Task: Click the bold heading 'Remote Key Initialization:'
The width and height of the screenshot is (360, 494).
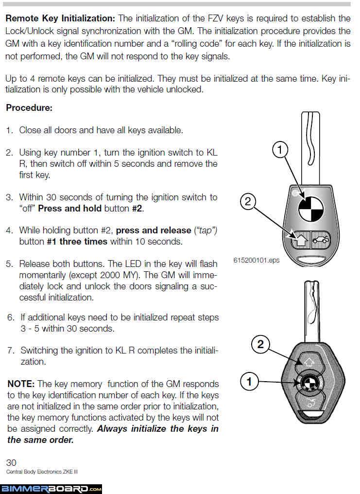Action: [61, 19]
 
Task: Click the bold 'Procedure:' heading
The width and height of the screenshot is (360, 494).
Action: [29, 108]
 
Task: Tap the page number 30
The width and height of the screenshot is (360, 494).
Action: [11, 462]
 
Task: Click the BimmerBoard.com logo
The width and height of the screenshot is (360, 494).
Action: [51, 488]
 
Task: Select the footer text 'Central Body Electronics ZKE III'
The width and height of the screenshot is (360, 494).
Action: [42, 472]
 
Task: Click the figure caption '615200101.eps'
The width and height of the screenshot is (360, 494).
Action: [257, 260]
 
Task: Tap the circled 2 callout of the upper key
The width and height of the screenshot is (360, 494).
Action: [248, 201]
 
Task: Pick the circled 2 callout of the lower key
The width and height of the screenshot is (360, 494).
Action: [260, 345]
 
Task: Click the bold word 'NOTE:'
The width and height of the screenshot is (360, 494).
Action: [21, 384]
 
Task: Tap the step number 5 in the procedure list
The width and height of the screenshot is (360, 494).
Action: [9, 264]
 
